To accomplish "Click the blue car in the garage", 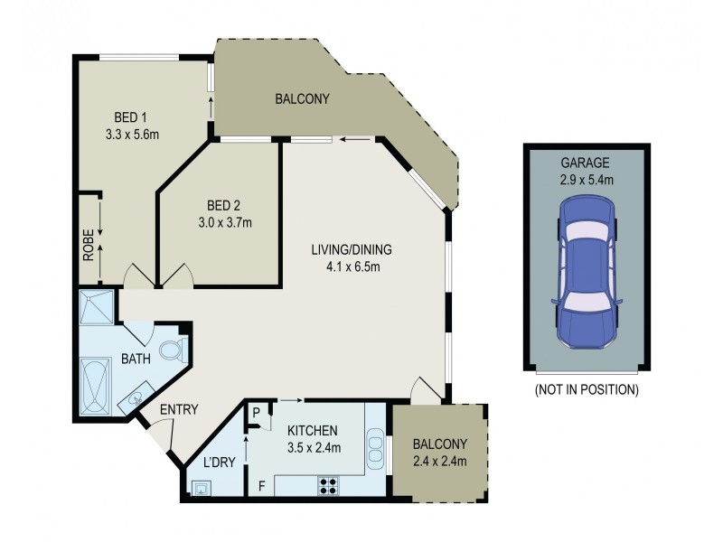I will pos(586,274).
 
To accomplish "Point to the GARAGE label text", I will pos(585,164).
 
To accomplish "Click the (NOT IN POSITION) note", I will pos(586,390).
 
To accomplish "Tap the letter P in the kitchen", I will pos(257,413).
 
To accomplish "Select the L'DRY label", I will pos(219,463).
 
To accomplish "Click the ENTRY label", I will pos(178,409).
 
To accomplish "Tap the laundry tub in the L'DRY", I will pos(200,487).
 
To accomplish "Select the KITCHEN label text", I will pos(313,431).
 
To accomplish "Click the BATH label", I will pos(136,359).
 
